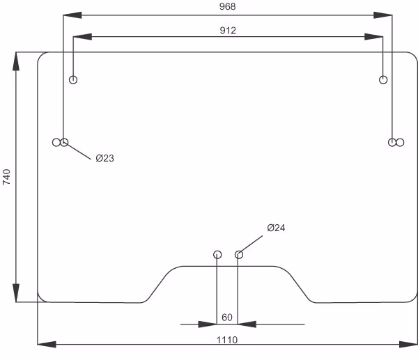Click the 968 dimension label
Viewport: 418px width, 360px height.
[227, 6]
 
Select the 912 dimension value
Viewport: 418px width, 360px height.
[228, 31]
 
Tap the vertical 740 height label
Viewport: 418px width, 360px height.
[6, 177]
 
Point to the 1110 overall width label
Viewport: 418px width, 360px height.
[227, 340]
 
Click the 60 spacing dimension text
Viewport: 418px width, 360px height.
[227, 318]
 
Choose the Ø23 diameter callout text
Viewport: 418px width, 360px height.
[104, 158]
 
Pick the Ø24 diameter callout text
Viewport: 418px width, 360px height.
[276, 228]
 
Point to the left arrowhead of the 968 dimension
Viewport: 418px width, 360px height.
[72, 15]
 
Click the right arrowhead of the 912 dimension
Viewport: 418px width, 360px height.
[373, 37]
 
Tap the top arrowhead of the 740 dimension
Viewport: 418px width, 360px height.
[16, 61]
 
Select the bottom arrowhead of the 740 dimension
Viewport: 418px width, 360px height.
[16, 293]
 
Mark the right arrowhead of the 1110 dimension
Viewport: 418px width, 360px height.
[408, 344]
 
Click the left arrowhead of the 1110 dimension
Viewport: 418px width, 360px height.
[47, 344]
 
